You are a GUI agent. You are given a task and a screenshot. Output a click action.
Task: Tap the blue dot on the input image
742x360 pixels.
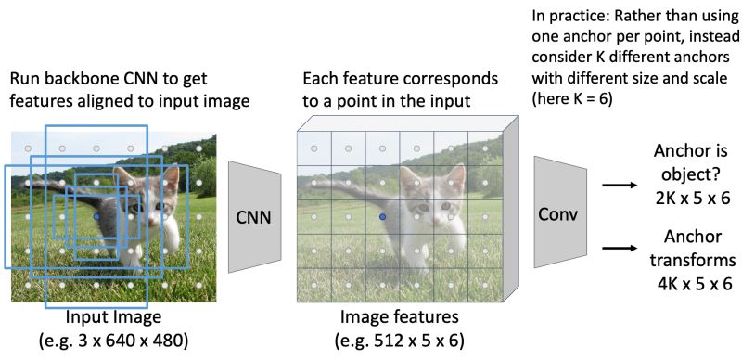(x=97, y=215)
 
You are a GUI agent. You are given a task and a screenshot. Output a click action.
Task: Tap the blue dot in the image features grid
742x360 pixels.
(x=381, y=215)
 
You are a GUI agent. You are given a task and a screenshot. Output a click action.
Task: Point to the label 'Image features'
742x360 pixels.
(x=383, y=316)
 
